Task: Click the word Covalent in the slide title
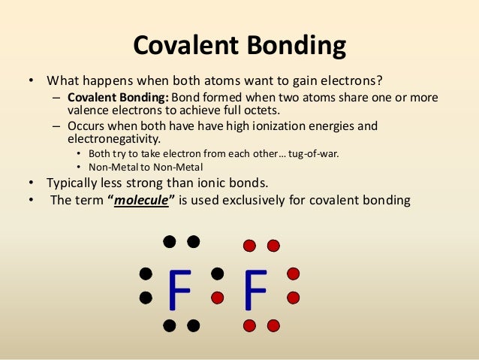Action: click(x=179, y=46)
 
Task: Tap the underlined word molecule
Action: click(x=140, y=201)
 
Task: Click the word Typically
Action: click(x=74, y=183)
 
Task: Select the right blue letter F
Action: click(x=255, y=290)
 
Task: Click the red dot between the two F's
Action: click(x=218, y=298)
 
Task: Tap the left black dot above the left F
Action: click(x=170, y=241)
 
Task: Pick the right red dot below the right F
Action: click(x=273, y=325)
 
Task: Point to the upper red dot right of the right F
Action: click(x=294, y=273)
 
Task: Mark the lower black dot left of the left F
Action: click(x=146, y=298)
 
